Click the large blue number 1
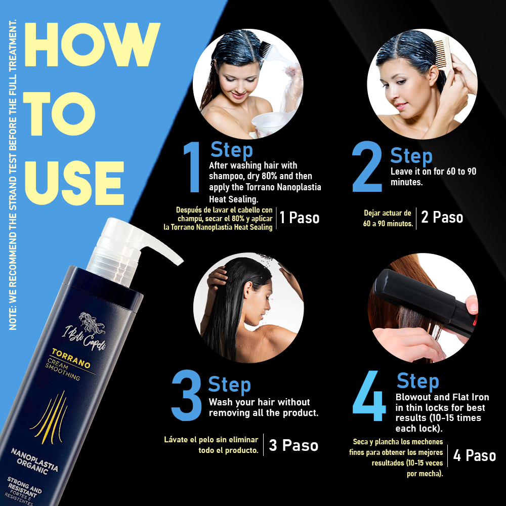tap(192, 167)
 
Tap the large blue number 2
tap(367, 166)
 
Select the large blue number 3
tap(187, 395)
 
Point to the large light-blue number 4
tap(369, 396)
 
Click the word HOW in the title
tap(92, 45)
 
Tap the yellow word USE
tap(74, 183)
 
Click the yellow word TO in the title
tap(59, 113)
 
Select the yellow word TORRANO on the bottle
tap(71, 358)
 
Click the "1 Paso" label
tap(300, 218)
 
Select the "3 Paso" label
tap(293, 445)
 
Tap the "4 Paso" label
tap(475, 456)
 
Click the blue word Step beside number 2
tap(411, 156)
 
